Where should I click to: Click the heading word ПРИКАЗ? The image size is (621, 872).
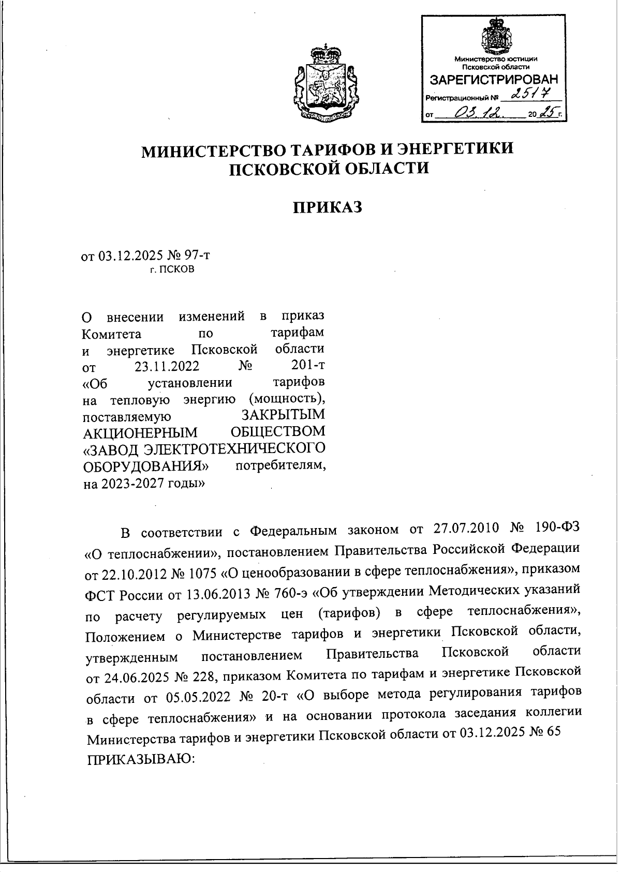(x=327, y=208)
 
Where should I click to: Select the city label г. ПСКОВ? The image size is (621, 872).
(x=172, y=270)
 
